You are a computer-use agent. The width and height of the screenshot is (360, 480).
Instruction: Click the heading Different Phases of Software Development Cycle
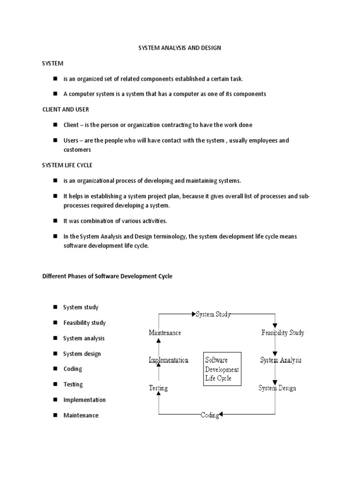click(x=107, y=277)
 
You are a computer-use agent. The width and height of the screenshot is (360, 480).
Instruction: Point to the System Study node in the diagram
click(x=213, y=315)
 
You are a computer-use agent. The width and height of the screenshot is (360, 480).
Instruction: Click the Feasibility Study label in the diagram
click(x=283, y=333)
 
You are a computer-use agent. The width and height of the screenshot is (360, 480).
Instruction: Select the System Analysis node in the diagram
click(x=281, y=360)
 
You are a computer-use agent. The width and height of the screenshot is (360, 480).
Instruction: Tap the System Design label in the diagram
click(x=277, y=388)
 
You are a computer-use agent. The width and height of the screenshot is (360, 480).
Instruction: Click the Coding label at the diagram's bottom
click(x=210, y=415)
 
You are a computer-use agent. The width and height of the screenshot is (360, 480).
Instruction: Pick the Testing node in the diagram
click(x=158, y=388)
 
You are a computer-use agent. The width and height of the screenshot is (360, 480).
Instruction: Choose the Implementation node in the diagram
click(x=168, y=360)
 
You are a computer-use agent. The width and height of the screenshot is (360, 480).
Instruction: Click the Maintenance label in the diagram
click(x=165, y=333)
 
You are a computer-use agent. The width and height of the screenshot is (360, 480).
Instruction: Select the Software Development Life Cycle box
click(x=222, y=369)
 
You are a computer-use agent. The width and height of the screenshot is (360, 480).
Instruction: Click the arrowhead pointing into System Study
click(x=194, y=314)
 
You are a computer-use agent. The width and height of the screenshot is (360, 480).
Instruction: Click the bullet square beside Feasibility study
click(x=54, y=323)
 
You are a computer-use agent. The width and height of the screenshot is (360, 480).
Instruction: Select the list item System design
click(x=82, y=354)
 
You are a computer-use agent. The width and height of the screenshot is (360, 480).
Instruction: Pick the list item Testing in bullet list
click(x=73, y=384)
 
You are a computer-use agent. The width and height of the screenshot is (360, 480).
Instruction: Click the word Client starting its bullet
click(x=72, y=125)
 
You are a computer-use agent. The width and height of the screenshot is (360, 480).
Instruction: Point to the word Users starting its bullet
click(x=71, y=141)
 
